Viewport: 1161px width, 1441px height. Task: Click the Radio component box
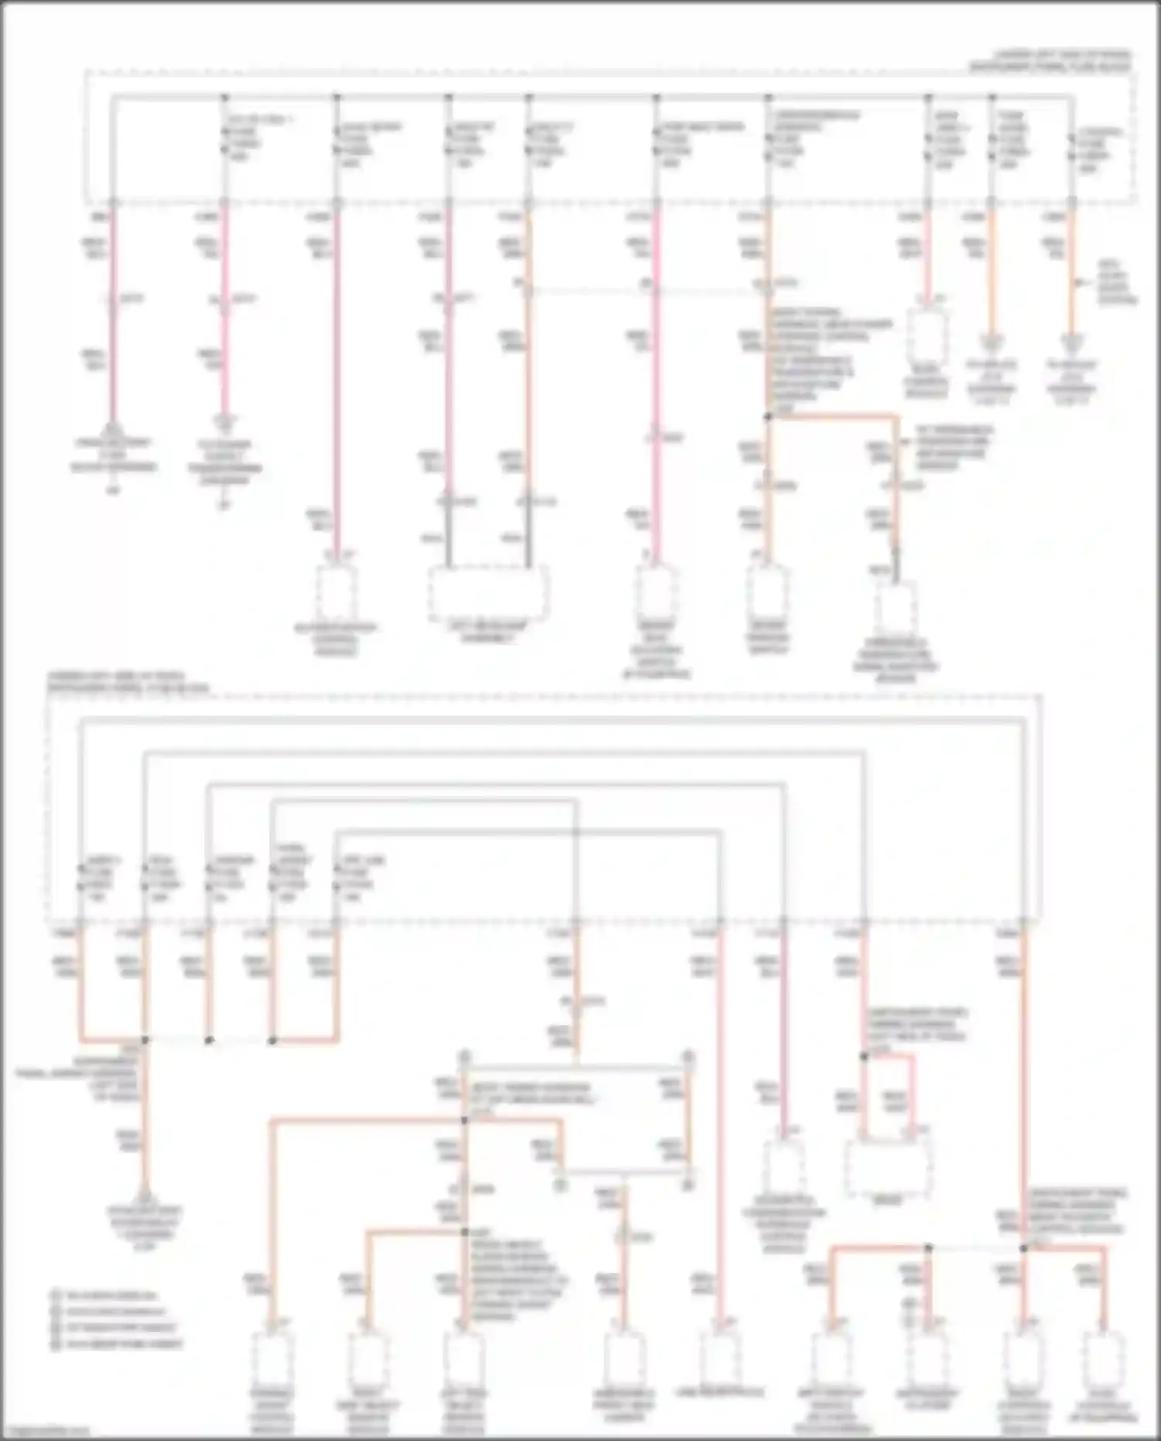click(x=887, y=1170)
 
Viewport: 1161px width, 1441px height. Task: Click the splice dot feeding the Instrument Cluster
click(x=929, y=1248)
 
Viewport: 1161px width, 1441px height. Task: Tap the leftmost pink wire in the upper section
click(x=112, y=310)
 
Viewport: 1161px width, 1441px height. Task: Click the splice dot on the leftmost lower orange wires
click(x=145, y=1040)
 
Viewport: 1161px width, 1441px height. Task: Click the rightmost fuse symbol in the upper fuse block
click(x=1071, y=147)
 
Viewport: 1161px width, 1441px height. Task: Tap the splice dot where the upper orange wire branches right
click(x=768, y=417)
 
